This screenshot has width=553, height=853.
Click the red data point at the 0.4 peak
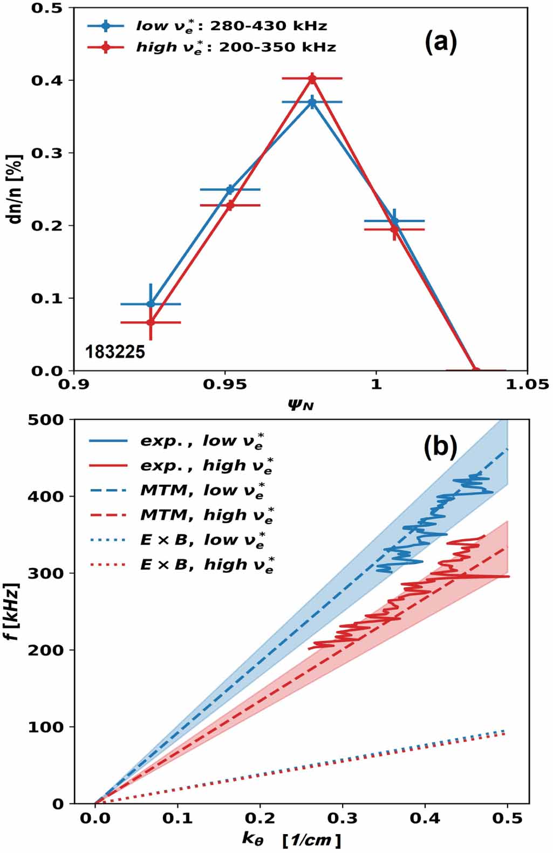click(312, 79)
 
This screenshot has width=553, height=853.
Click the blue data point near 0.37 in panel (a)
click(312, 102)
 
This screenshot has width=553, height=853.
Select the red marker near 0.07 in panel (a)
click(151, 322)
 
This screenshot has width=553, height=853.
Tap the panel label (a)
click(440, 42)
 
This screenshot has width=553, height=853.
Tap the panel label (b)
click(440, 447)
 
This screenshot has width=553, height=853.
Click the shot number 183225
click(115, 352)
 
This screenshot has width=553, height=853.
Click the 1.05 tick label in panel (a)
click(527, 384)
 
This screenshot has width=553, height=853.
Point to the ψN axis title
click(301, 403)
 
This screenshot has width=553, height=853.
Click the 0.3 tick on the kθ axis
click(343, 818)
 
